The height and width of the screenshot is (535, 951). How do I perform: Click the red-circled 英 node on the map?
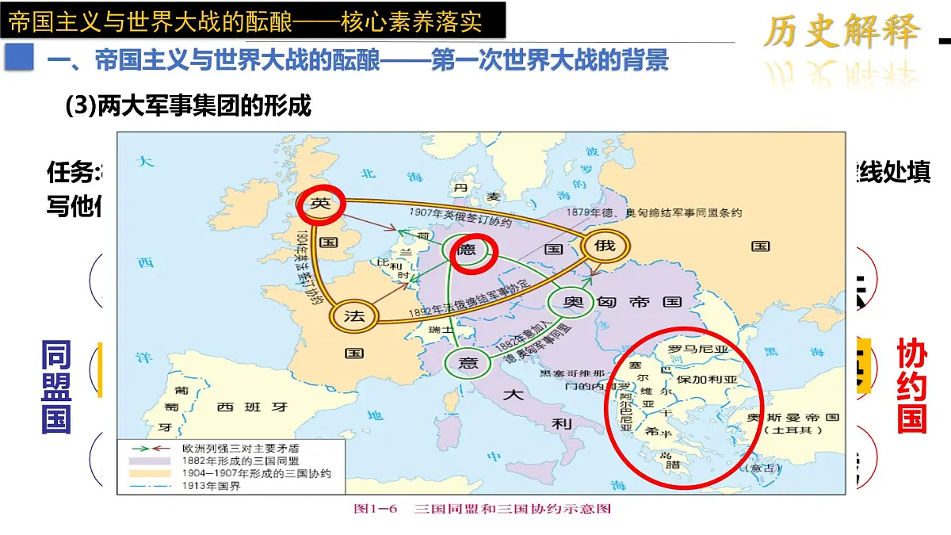[320, 204]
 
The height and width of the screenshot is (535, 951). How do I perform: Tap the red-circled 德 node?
[473, 251]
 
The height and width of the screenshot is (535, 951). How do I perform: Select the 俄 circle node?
[605, 246]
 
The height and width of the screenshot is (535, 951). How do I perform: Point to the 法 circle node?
[354, 316]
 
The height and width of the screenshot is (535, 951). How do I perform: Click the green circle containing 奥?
[569, 302]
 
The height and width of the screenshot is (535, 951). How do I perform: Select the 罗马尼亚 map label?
[698, 349]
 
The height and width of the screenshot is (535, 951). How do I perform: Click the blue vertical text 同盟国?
[56, 388]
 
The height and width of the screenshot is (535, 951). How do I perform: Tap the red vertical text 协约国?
[911, 386]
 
